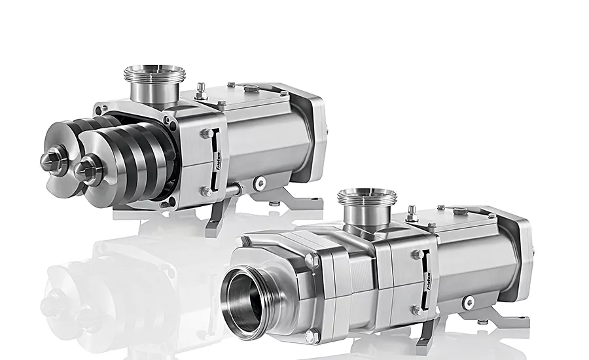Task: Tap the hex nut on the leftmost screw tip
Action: tap(50, 159)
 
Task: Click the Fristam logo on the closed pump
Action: tap(427, 282)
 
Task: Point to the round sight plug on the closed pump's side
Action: tap(469, 302)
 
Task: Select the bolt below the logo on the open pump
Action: tap(206, 191)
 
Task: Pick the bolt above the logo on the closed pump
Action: tap(416, 255)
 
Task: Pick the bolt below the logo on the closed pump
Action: tap(416, 310)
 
